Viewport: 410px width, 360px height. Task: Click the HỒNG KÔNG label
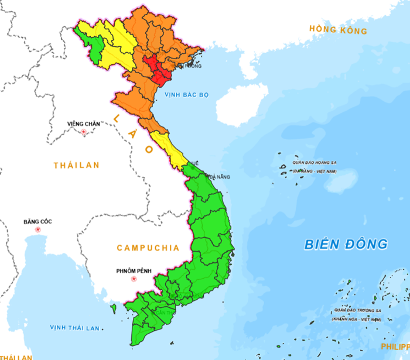point(338,30)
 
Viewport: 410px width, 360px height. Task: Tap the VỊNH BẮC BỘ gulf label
point(186,94)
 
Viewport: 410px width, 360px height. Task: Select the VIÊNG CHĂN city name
point(84,124)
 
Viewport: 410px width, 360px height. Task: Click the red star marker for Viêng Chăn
point(84,132)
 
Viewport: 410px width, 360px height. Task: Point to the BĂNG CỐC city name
point(37,221)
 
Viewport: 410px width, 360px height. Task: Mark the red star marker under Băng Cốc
point(38,229)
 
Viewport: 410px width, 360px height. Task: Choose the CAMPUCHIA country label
point(148,248)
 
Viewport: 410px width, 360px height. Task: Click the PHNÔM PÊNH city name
point(134,270)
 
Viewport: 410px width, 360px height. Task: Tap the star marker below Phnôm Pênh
point(134,279)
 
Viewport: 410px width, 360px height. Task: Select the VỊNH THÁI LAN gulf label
point(74,328)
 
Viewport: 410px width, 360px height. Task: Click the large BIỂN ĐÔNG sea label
point(346,244)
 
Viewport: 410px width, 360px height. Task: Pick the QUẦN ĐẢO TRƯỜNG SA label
point(357,310)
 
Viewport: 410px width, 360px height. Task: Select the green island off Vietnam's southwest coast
point(114,307)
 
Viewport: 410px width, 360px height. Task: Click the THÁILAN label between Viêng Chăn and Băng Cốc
point(77,166)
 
